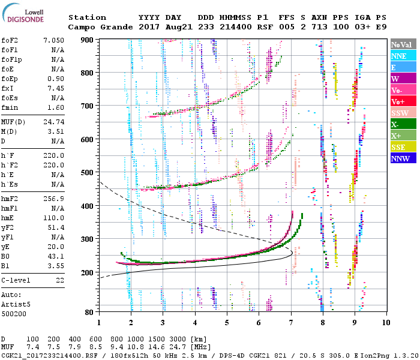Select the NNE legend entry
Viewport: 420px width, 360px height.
[401, 56]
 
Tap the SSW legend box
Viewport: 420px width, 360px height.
[401, 113]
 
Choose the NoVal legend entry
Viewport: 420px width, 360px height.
[401, 44]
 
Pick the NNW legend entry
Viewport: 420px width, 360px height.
[401, 158]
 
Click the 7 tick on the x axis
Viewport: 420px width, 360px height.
[291, 322]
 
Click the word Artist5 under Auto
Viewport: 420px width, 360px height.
[15, 304]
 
